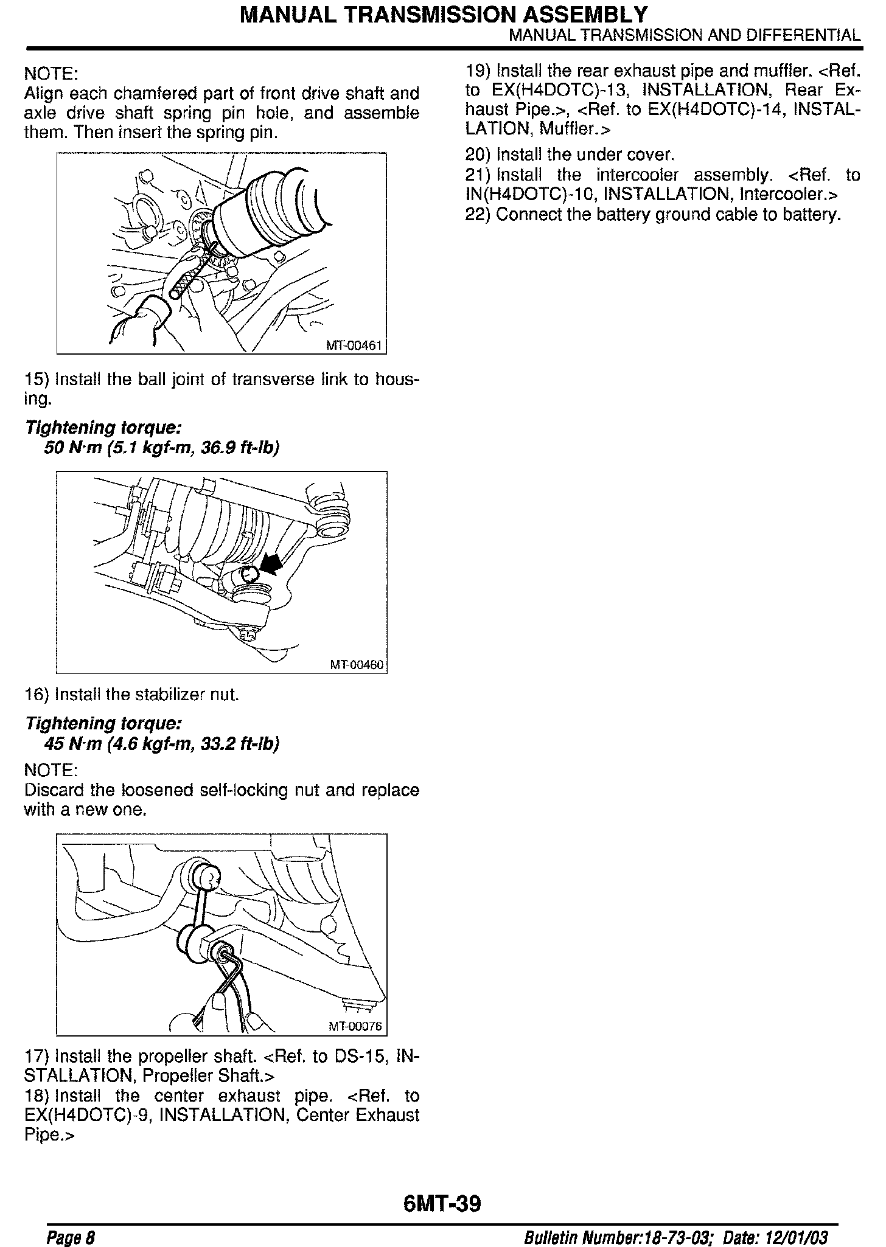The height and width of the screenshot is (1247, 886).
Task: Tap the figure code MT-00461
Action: (x=354, y=346)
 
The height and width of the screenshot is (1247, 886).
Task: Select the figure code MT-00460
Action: (x=357, y=665)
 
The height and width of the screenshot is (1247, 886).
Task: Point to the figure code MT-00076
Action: (x=355, y=1027)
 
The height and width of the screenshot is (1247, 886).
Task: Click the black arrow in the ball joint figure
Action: (x=270, y=563)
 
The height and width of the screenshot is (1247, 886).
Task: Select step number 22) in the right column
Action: (x=478, y=215)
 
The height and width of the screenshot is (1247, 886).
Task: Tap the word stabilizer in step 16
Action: (x=155, y=694)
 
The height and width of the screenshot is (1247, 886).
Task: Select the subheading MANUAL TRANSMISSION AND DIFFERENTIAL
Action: (x=685, y=35)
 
